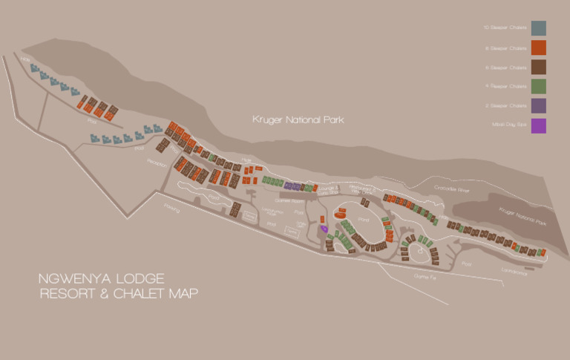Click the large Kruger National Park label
298,119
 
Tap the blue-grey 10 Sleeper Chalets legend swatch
538,28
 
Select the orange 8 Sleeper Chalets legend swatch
538,48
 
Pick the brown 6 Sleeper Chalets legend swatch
538,67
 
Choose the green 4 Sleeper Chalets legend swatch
538,86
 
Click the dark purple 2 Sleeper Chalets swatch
538,106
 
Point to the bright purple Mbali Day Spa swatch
538,125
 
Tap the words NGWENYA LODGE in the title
102,278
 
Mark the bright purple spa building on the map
324,229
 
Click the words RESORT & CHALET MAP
118,294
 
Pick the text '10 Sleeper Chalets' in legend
505,28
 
